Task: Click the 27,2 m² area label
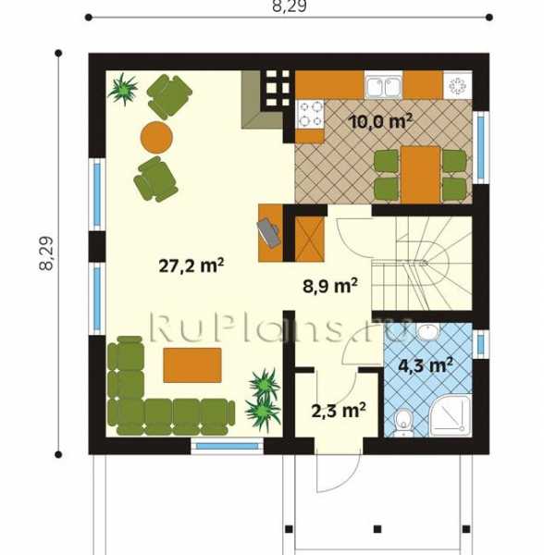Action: (x=192, y=265)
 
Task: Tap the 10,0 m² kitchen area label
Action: (x=380, y=122)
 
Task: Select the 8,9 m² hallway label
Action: (x=330, y=286)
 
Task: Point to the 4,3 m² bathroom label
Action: (x=426, y=365)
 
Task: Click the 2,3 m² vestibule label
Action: (x=339, y=411)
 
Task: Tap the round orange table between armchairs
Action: (x=156, y=137)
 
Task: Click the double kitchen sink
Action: (x=384, y=87)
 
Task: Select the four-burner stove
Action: (x=310, y=114)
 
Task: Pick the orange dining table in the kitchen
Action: (x=420, y=175)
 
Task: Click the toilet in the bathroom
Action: (x=403, y=423)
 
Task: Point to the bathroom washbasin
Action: (x=428, y=331)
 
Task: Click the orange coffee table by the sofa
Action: (x=192, y=365)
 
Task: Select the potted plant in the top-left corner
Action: (x=123, y=89)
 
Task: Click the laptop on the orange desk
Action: (x=269, y=232)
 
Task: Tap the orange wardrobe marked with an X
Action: (x=309, y=239)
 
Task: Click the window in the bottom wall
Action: (x=228, y=447)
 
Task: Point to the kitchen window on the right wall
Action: (x=481, y=148)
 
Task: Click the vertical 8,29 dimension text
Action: (x=46, y=253)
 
